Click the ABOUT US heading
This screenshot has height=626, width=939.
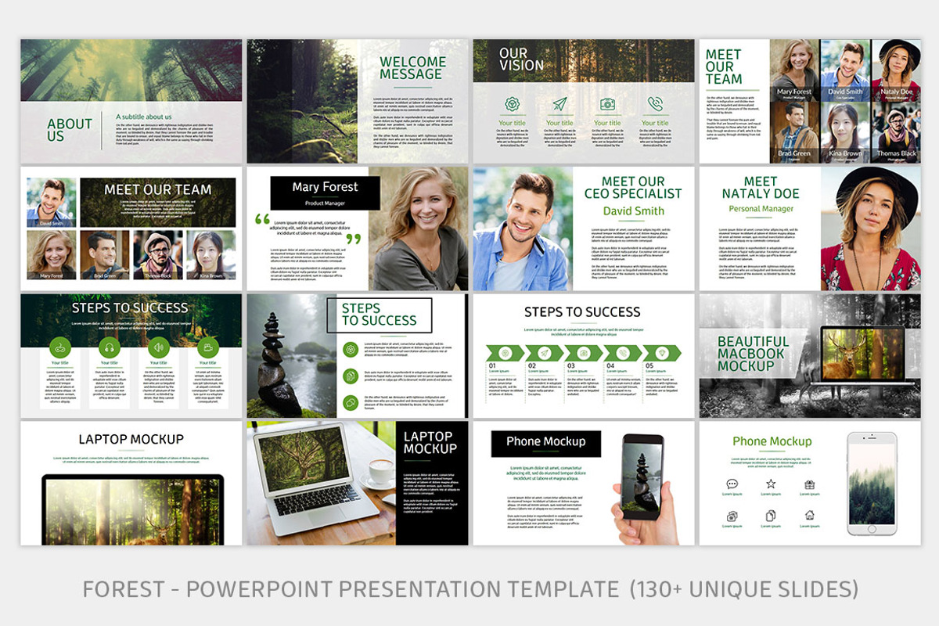pos(69,130)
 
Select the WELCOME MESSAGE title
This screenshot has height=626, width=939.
pos(412,68)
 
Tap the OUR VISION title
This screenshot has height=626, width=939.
pos(521,59)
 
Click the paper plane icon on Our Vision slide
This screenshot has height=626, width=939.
pos(559,104)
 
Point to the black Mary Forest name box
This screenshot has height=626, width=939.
pos(325,192)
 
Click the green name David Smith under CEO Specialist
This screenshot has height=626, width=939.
pos(633,210)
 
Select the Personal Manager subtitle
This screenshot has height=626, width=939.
pos(761,209)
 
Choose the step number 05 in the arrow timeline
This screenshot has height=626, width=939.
pos(649,365)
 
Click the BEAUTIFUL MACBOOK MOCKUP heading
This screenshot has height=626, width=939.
pos(753,354)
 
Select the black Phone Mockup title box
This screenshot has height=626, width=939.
pos(545,443)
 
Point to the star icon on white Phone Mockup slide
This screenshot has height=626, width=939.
pos(771,484)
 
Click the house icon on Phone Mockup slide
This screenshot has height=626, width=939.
pos(809,515)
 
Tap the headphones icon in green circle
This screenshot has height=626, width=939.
pos(110,347)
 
